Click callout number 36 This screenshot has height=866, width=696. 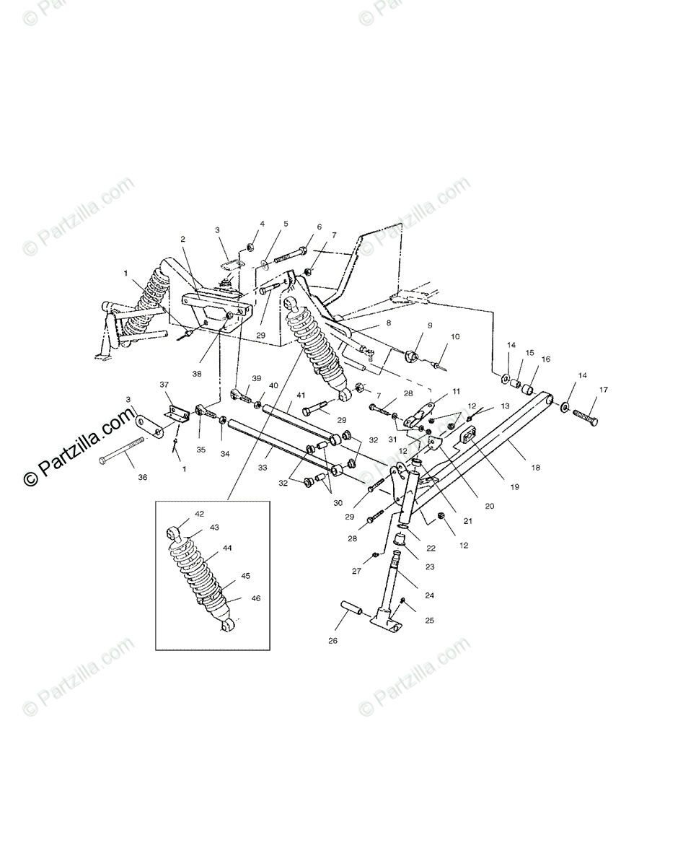tap(142, 477)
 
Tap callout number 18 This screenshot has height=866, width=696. tap(535, 467)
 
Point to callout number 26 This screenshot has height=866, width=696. tap(332, 640)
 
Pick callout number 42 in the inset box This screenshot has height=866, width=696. tap(199, 514)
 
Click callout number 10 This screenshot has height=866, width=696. tap(455, 336)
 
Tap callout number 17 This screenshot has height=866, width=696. tap(602, 390)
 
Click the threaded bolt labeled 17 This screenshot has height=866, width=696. tap(584, 416)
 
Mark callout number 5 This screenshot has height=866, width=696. tap(285, 224)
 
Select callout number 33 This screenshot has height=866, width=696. tap(262, 468)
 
